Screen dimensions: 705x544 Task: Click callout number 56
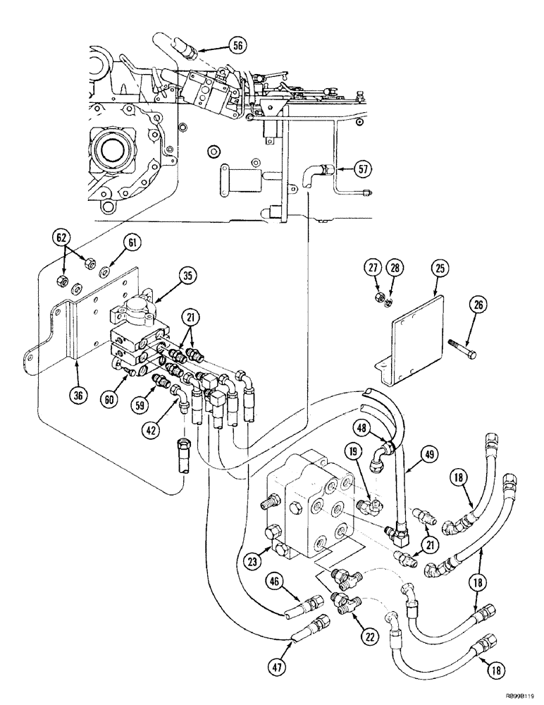click(238, 46)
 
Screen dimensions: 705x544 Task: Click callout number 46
click(273, 581)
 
